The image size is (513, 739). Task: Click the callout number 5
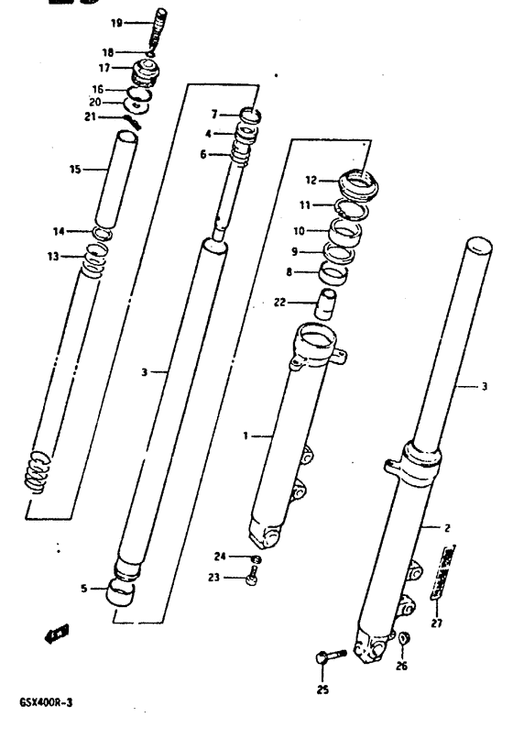[x=85, y=590]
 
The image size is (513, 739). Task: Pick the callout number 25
[x=322, y=689]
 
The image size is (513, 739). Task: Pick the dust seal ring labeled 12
[x=358, y=180]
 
